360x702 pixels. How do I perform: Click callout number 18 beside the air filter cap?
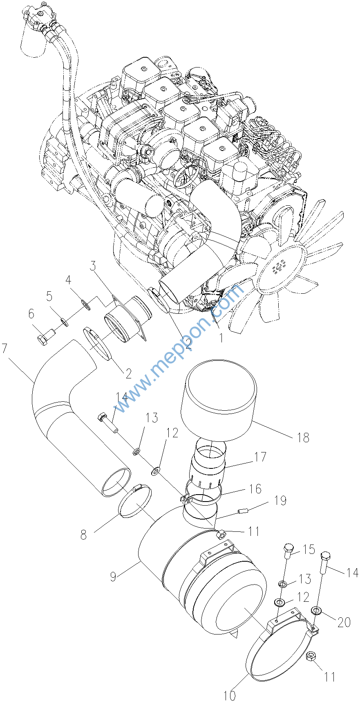(x=303, y=437)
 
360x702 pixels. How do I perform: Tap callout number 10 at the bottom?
(x=230, y=695)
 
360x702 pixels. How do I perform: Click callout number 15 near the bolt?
(x=309, y=549)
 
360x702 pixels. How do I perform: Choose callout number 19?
(x=280, y=500)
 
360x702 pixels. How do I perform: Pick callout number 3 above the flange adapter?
(x=93, y=266)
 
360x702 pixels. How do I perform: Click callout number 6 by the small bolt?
(x=31, y=314)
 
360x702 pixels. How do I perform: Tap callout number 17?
(x=260, y=457)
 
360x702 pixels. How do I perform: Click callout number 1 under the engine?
(x=221, y=338)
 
